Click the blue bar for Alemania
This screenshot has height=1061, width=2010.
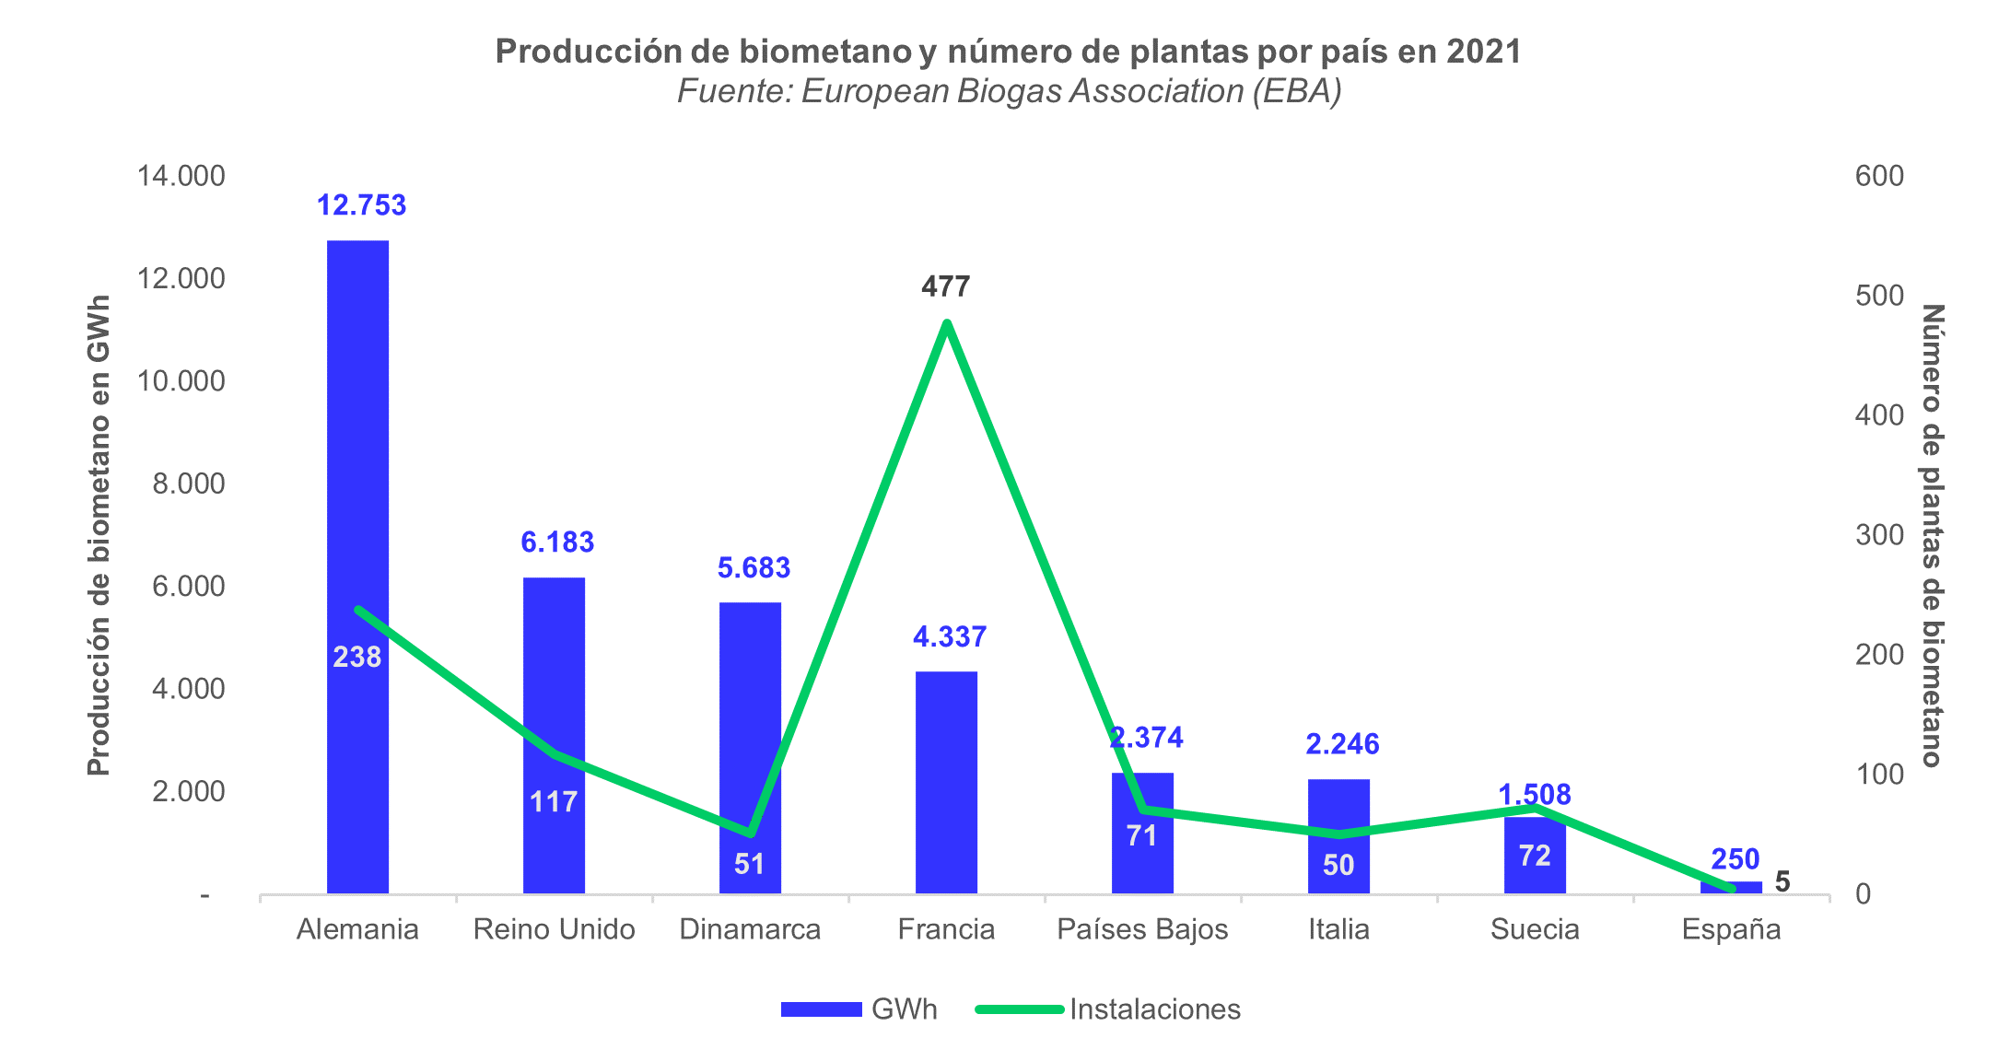pos(357,461)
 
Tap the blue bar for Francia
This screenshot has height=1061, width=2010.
pos(946,783)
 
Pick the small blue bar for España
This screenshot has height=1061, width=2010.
pos(1731,888)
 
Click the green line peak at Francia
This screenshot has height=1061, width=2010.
pos(947,322)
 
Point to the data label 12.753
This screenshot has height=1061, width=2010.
pos(361,205)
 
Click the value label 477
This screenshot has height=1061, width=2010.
pos(946,287)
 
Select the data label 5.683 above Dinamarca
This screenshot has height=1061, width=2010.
pos(754,568)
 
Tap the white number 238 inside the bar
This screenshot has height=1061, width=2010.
pos(357,657)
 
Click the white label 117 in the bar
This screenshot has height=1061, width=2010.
pos(554,802)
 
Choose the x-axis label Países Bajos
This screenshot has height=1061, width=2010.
pos(1142,929)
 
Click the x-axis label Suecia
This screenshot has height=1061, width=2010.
pos(1535,929)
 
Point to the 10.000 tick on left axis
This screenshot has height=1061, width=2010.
pos(181,380)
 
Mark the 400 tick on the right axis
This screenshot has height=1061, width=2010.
pos(1879,415)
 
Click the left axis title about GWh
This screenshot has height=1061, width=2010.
pos(99,534)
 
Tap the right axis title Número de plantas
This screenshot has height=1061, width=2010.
pos(1932,534)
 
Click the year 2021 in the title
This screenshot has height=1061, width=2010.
pos(1483,52)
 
